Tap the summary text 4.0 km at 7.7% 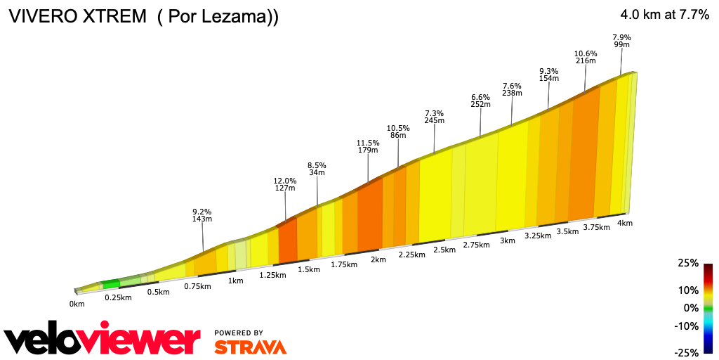tap(664, 15)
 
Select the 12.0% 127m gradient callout tap(285, 184)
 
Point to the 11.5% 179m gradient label tap(368, 146)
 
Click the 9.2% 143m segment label tap(202, 214)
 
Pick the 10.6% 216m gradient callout tap(586, 58)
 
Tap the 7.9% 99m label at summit tap(621, 41)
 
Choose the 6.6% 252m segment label tap(480, 100)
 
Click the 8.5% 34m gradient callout tap(317, 169)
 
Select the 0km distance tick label tap(77, 304)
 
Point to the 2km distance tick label tap(378, 259)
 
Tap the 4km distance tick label tap(625, 223)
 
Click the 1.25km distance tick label tap(272, 275)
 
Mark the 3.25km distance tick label tap(537, 236)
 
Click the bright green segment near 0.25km tap(111, 284)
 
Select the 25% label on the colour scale tap(688, 263)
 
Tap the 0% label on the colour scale tap(691, 308)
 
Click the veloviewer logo tap(102, 341)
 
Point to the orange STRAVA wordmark tap(250, 347)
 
